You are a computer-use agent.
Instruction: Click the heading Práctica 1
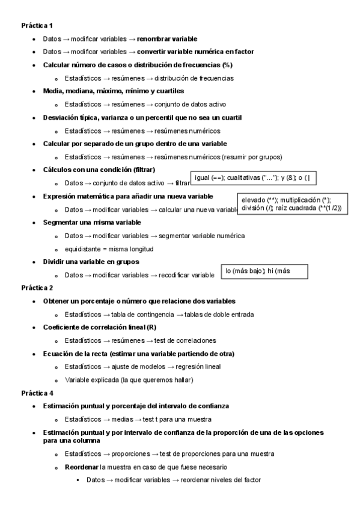click(x=37, y=26)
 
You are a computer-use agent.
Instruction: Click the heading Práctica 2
click(x=37, y=287)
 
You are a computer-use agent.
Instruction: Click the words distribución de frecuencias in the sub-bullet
click(x=194, y=78)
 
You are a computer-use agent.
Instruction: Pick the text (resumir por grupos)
click(x=251, y=157)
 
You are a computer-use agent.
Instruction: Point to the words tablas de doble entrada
click(x=219, y=314)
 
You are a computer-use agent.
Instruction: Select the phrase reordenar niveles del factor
click(x=221, y=480)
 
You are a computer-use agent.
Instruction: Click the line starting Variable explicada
click(x=129, y=379)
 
